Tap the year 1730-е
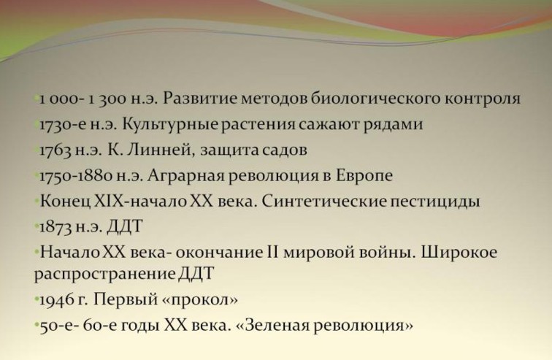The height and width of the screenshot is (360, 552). [x=60, y=125]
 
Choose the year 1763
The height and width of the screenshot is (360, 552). [x=55, y=150]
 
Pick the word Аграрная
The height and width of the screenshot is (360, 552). [x=185, y=176]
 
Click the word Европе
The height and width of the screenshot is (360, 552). [x=364, y=176]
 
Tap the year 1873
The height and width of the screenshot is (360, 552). [x=55, y=227]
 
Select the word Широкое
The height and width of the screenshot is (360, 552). [x=459, y=253]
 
